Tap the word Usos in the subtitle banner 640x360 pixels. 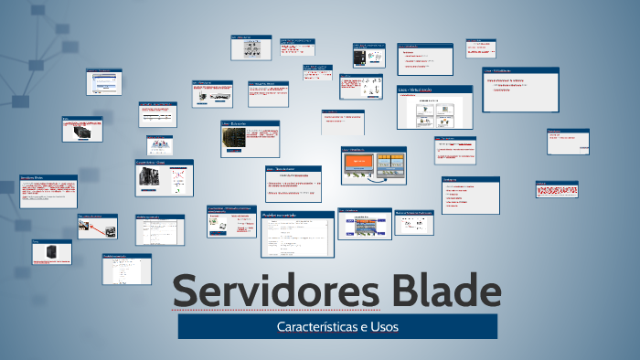coord(382,326)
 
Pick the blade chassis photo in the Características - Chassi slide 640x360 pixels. coord(147,181)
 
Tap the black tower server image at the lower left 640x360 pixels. coord(42,252)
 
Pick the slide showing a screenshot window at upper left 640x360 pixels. coord(110,81)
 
